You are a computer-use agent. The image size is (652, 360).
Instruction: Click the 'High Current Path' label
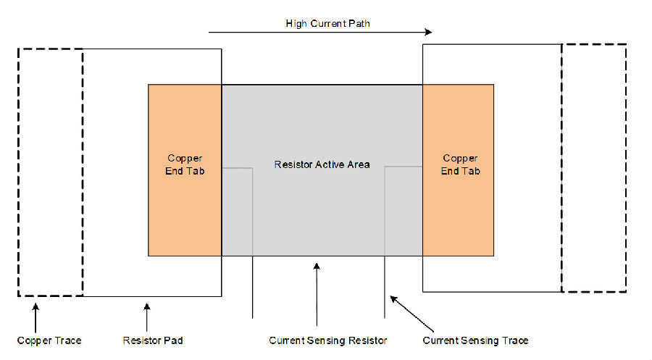coord(327,24)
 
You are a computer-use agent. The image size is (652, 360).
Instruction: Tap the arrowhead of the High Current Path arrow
coord(429,32)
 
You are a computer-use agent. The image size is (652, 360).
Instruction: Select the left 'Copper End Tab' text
coord(185,164)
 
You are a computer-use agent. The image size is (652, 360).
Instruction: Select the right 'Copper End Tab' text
coord(460,164)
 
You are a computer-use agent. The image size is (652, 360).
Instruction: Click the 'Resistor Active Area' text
coord(322,164)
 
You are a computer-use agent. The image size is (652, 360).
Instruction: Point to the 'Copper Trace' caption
coord(49,341)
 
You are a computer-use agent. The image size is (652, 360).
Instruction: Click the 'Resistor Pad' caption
coord(153,341)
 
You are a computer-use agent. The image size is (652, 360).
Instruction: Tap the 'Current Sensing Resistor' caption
coord(327,341)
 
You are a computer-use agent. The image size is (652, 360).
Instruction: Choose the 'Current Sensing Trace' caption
coord(475,341)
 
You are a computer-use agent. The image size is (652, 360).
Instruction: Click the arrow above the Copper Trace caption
coord(35,317)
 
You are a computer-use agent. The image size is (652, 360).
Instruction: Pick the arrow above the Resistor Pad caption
coord(147,317)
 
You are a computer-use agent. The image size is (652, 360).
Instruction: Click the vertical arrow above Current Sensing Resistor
coord(317,294)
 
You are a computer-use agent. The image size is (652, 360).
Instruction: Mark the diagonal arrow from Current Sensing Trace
coord(411,314)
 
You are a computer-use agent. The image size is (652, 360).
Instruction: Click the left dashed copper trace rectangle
coord(18,172)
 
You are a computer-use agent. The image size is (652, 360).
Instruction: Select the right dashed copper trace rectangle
coord(626,168)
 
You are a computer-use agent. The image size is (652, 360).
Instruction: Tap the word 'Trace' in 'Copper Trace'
coord(68,341)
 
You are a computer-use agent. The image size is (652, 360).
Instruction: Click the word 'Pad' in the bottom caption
coord(173,341)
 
